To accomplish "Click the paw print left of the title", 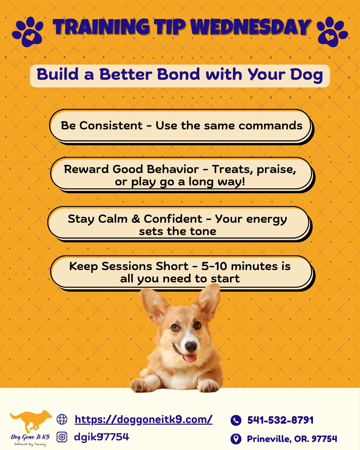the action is pos(28,32).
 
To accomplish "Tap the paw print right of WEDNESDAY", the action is pos(332,32).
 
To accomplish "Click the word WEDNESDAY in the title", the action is pos(251,27).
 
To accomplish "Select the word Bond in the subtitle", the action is pos(179,74).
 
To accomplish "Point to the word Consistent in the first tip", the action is pos(111,125).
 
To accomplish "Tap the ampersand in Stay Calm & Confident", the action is pos(136,219).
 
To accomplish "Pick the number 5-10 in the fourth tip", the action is pos(214,266).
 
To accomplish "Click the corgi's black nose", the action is pos(191,346).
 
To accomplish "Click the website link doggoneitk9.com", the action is pos(143,419).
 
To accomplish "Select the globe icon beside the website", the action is pos(62,419).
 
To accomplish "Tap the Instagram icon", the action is pos(62,437).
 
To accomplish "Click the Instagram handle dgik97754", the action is pos(102,437).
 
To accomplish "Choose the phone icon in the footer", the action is pos(236,420).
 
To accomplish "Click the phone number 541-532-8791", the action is pos(281,420).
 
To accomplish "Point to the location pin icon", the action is pos(236,438).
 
